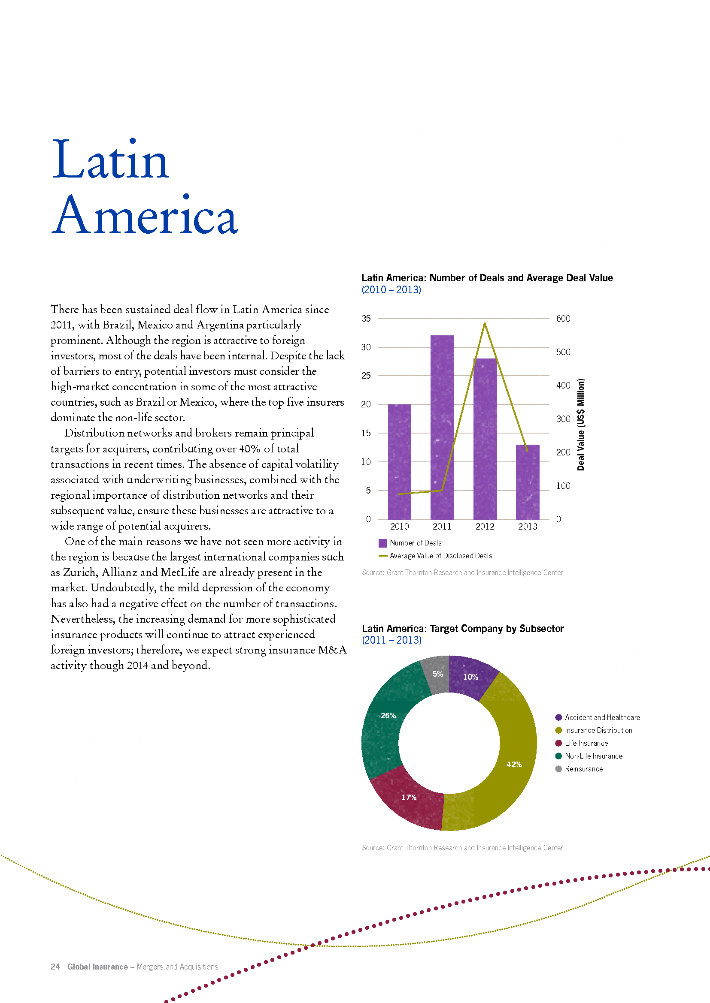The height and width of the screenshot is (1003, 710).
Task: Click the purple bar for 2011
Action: tap(442, 427)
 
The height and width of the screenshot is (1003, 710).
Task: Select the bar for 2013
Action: tap(528, 482)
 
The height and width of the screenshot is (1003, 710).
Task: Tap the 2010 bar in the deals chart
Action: tap(400, 462)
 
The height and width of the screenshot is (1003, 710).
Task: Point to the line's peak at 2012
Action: tap(484, 323)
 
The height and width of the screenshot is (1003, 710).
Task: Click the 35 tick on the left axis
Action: tap(366, 319)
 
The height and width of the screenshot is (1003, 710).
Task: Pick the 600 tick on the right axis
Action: tap(563, 319)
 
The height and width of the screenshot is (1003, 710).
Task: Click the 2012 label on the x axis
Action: tap(485, 527)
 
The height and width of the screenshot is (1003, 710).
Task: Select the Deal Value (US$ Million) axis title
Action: tap(581, 424)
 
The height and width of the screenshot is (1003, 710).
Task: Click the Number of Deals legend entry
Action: tap(410, 543)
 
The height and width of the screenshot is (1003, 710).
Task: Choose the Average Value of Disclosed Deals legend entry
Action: tap(435, 556)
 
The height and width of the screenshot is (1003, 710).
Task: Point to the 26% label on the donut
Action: tap(388, 716)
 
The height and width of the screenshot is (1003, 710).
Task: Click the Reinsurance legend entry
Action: tap(579, 769)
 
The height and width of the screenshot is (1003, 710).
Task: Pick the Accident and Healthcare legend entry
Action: tap(598, 717)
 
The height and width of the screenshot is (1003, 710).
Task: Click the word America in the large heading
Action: tap(145, 215)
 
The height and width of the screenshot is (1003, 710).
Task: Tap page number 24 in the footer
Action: tap(55, 967)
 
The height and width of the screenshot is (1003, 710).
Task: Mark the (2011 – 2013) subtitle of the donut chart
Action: tap(392, 640)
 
